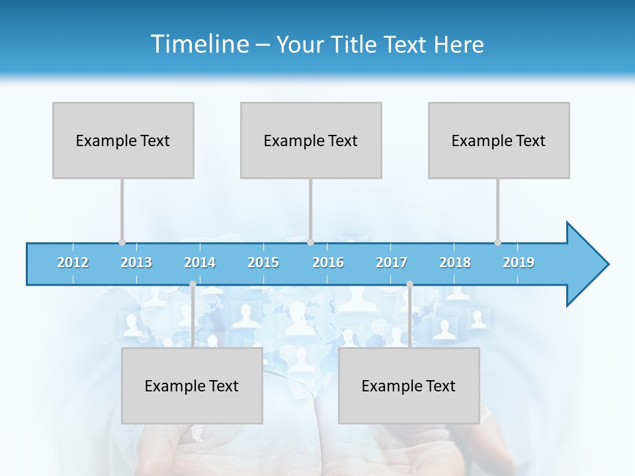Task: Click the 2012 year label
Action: pos(73,262)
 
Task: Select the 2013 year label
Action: pos(136,262)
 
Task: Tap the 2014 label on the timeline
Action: pos(200,262)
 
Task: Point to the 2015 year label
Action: pos(263,262)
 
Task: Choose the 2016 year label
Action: pos(328,262)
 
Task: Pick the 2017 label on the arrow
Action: pos(392,262)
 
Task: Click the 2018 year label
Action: pos(455,262)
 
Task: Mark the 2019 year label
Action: pos(519,262)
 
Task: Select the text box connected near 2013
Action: pos(123,140)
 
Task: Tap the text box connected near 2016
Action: pos(311,140)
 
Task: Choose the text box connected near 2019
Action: pos(499,140)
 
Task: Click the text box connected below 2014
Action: pos(192,385)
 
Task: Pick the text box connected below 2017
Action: pos(409,385)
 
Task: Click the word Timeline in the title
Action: pos(198,44)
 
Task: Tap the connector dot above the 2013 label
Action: pos(122,242)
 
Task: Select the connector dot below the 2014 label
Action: pos(192,284)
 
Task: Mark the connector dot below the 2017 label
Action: pos(409,284)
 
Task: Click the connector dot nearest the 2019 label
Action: pos(497,242)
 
